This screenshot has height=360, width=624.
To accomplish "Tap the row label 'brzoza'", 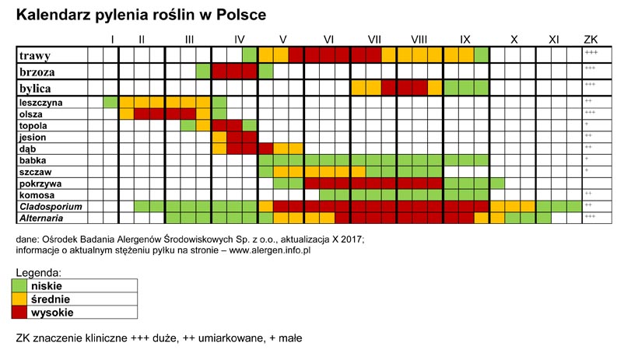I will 38,72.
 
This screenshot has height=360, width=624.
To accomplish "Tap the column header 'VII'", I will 374,40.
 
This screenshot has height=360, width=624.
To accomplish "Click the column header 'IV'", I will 240,40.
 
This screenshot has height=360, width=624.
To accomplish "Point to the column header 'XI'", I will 553,40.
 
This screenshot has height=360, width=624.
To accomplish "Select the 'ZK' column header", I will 591,40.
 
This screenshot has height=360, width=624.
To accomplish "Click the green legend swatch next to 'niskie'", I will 22,285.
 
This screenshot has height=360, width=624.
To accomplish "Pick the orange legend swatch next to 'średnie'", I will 22,299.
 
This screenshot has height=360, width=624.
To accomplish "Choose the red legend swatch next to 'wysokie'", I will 22,312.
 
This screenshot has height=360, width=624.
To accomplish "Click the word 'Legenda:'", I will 38,273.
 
